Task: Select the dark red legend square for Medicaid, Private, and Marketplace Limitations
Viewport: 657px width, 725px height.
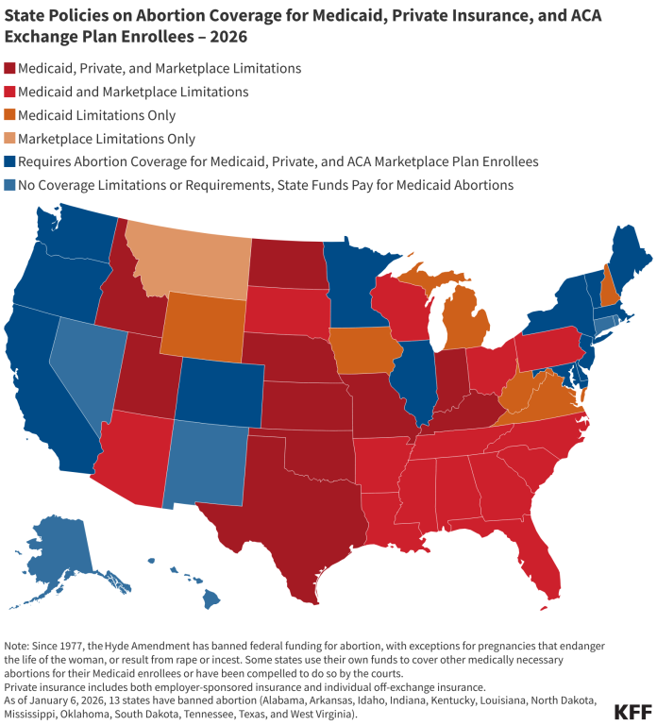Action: (10, 69)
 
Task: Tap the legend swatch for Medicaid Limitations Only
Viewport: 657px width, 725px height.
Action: (10, 115)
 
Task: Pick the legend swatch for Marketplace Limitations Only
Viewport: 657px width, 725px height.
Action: (10, 139)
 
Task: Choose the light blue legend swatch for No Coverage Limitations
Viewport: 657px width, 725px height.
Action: (10, 185)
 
